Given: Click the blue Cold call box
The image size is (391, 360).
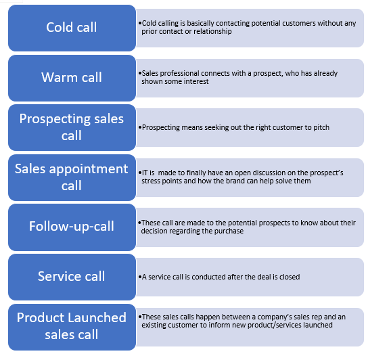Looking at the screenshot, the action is coord(72,28).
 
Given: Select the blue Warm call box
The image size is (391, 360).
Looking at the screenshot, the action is coord(72,78).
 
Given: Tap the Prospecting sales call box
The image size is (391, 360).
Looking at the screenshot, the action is coord(72,127).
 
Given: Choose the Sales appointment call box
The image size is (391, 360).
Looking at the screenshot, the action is coord(72,177).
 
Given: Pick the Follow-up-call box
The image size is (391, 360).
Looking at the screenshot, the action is coord(72,227).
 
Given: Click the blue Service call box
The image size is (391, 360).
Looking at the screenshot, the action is coord(72,277).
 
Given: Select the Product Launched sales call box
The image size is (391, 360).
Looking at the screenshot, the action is coord(72,327).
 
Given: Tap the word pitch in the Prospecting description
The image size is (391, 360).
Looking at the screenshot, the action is coord(321,128).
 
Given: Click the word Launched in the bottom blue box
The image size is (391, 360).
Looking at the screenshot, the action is coord(97,318).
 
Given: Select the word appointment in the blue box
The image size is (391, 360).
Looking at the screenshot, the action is coord(89,170).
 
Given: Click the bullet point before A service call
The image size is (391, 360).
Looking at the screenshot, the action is coord(140,277).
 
